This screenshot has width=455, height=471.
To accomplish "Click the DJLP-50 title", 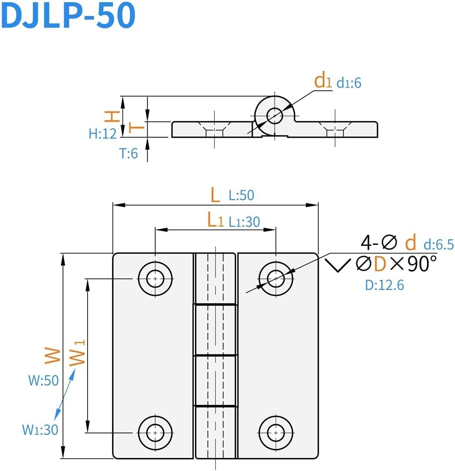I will (x=69, y=16).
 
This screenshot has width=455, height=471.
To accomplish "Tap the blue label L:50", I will (x=242, y=195).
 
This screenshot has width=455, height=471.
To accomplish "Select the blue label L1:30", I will (x=244, y=221).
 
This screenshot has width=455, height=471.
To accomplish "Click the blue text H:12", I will (x=103, y=134).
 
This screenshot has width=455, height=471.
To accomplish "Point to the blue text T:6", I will (x=129, y=153).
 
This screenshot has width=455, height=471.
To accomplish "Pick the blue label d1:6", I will (x=348, y=83).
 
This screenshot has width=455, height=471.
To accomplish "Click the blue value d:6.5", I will (x=438, y=245).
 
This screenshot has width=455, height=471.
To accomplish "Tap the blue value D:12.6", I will (x=384, y=285).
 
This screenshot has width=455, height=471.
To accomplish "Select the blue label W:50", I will (x=43, y=381).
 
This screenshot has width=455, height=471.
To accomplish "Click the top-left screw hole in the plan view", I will (x=155, y=278).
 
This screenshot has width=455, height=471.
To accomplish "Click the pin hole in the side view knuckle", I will (x=274, y=115).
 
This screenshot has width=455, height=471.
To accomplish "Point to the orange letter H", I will (x=112, y=116).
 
